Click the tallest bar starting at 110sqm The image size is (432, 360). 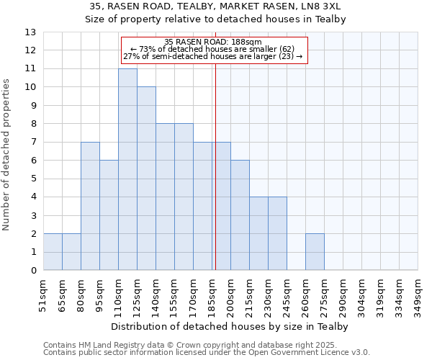point(127,169)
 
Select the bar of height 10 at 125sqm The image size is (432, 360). point(146,179)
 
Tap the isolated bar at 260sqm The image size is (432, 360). point(315,252)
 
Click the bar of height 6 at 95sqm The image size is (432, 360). point(109,215)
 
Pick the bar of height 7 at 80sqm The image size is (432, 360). point(90,206)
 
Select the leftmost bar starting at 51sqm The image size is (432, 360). point(53,252)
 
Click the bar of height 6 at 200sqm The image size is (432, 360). point(240,215)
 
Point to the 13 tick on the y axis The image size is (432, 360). point(30,32)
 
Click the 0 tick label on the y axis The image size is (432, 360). point(33,271)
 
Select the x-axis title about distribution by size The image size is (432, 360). point(230,327)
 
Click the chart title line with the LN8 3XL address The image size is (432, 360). point(215,6)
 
